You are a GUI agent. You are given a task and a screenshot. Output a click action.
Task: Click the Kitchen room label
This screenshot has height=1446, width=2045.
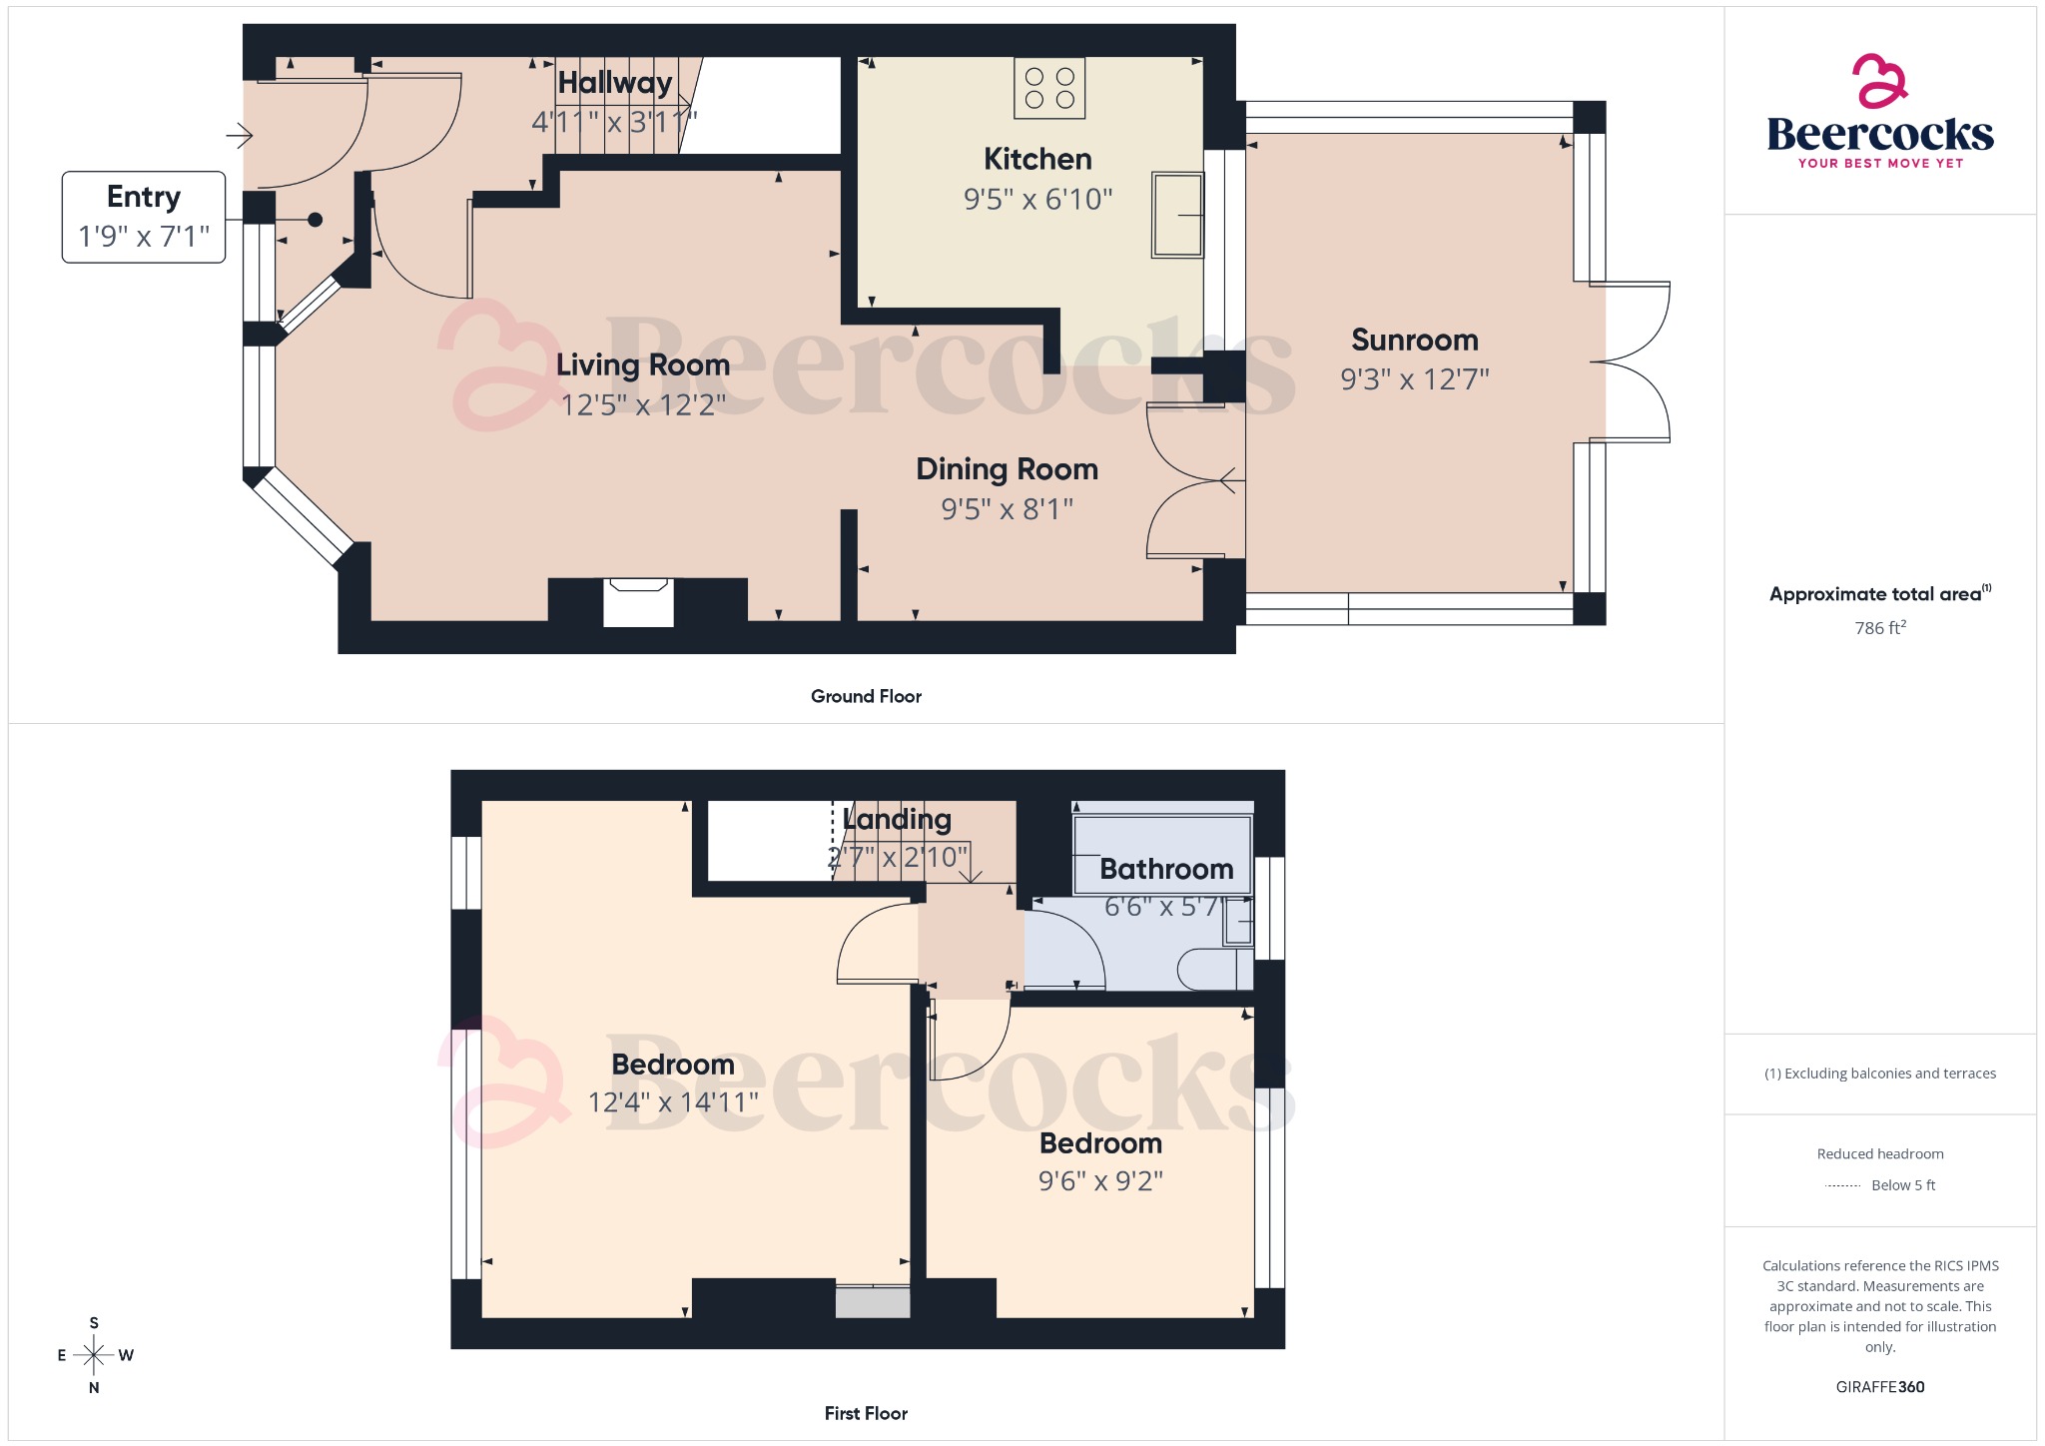tap(1037, 159)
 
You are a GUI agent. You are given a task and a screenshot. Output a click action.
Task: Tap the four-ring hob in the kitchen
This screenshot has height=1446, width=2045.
tap(1049, 88)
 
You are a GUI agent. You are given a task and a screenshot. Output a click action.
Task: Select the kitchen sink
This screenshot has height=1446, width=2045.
tap(1177, 215)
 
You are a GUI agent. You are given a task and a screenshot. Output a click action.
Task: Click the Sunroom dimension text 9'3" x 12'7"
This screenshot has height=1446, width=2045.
tap(1414, 379)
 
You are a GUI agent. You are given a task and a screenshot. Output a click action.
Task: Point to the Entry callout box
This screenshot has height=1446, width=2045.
tap(144, 217)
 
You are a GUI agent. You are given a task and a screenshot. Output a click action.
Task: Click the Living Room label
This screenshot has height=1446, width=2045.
tap(642, 364)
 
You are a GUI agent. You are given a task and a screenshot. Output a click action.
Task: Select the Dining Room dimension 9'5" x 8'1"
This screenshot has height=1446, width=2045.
tap(1007, 509)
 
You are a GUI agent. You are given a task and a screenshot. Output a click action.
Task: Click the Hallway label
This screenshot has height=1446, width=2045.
tap(614, 83)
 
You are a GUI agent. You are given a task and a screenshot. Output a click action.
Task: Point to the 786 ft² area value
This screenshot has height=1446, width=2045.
tap(1879, 628)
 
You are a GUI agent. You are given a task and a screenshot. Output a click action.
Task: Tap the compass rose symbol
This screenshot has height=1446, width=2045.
tap(94, 1355)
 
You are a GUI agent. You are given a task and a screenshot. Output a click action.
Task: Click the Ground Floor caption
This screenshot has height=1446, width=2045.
tap(866, 696)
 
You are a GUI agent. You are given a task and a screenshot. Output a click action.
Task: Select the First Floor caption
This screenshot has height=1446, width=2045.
tap(866, 1413)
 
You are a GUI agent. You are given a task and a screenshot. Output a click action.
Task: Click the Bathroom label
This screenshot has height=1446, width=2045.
tap(1166, 869)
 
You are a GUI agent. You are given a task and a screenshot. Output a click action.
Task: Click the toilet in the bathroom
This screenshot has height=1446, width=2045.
tap(1213, 969)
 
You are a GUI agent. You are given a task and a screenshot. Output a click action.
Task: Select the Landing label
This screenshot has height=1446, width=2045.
tap(897, 819)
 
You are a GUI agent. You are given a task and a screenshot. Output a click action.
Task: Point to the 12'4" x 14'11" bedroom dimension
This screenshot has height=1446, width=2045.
tap(673, 1102)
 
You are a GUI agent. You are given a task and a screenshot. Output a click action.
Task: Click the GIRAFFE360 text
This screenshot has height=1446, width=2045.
tap(1879, 1387)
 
